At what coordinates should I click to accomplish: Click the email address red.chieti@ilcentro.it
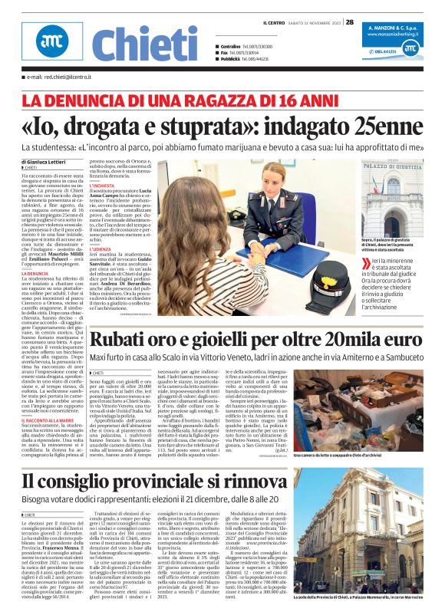click(x=60, y=77)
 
